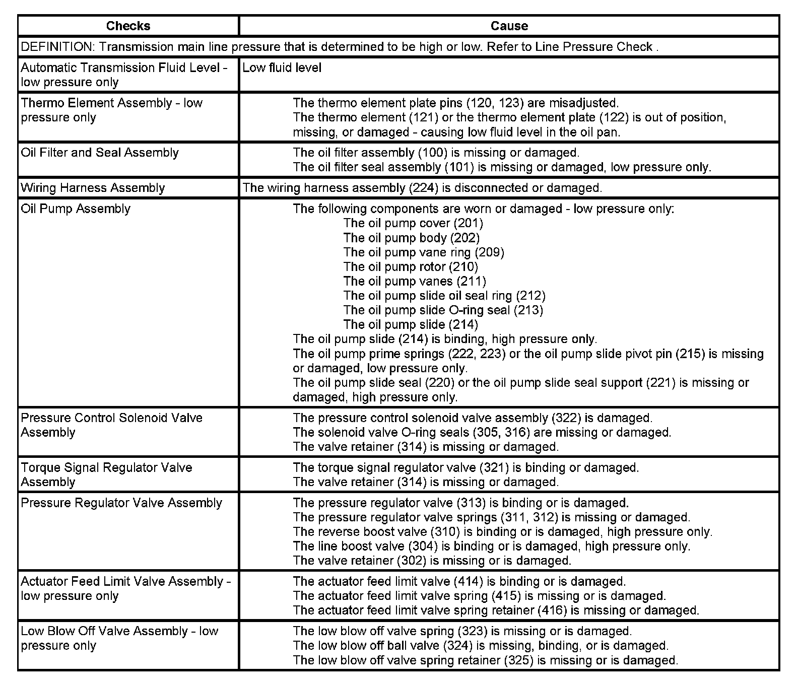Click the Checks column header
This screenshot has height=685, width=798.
(128, 26)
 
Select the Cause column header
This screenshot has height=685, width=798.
(509, 26)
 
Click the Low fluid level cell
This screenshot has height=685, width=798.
(282, 67)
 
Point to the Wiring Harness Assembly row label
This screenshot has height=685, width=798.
(93, 188)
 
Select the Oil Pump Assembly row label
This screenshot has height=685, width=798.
(76, 209)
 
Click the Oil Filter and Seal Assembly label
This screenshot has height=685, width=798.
(100, 153)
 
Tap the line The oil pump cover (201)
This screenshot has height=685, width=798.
(413, 223)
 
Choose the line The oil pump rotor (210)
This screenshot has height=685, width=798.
(411, 266)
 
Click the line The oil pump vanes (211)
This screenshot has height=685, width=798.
(415, 281)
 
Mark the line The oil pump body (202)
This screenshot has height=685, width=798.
(412, 238)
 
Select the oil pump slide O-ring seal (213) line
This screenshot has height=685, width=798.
(443, 310)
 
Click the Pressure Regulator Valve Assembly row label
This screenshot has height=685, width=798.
(121, 503)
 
